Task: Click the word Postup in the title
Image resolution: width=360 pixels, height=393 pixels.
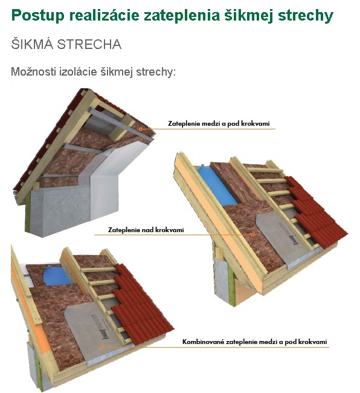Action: click(x=38, y=16)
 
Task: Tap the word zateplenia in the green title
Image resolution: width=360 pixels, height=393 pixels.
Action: click(x=181, y=16)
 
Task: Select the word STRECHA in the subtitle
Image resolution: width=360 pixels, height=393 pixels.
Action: click(x=89, y=44)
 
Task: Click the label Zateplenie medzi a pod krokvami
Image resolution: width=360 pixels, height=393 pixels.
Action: click(x=219, y=123)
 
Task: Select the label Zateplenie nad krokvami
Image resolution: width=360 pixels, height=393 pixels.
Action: click(x=146, y=230)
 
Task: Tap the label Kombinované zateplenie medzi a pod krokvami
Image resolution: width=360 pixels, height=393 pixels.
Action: click(x=255, y=342)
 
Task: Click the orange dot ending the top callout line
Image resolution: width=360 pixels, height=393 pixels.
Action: click(x=141, y=129)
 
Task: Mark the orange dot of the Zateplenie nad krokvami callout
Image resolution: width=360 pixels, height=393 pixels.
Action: click(x=252, y=235)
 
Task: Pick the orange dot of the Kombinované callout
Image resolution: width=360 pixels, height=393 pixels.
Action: click(x=101, y=347)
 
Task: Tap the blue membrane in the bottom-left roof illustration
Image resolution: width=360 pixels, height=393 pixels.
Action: click(x=57, y=276)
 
